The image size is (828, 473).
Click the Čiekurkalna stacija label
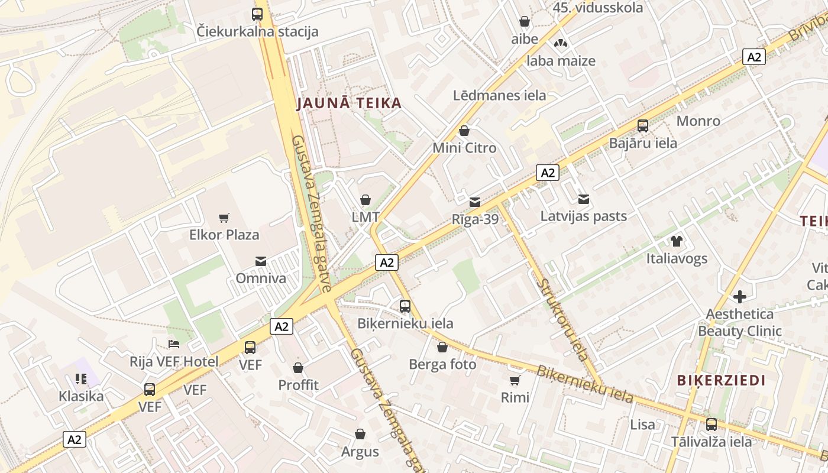(x=257, y=31)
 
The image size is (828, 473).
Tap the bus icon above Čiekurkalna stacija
(x=257, y=14)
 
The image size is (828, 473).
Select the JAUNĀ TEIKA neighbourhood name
(x=349, y=103)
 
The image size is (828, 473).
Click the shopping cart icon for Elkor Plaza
(x=224, y=218)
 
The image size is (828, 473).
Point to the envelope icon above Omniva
(x=260, y=261)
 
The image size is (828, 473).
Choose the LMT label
(x=366, y=217)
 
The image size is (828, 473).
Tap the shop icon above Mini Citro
(x=464, y=131)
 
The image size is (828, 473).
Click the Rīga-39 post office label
(x=475, y=219)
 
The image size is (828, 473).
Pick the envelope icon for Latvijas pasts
(x=584, y=199)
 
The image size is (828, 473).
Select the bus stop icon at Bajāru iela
(x=643, y=125)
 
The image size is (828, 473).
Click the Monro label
(x=698, y=121)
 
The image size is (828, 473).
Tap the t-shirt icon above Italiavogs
(x=677, y=241)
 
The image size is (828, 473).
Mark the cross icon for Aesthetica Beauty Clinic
(x=739, y=297)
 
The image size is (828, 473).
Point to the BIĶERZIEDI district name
(x=721, y=380)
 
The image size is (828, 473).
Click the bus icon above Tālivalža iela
(x=711, y=424)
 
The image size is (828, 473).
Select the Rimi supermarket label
(x=515, y=397)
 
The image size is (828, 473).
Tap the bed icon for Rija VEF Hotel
(x=174, y=344)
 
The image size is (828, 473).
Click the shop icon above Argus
(x=360, y=435)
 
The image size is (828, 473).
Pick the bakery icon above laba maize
(x=561, y=43)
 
